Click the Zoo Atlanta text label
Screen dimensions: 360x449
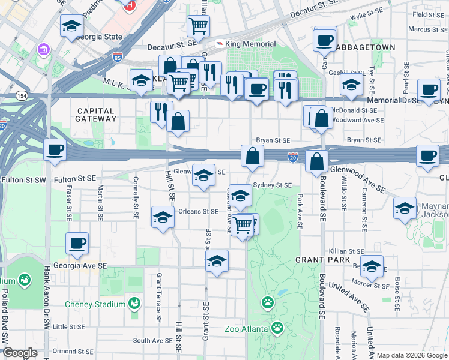point(246,328)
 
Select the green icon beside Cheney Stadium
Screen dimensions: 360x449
point(135,304)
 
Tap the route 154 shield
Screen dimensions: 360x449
point(22,95)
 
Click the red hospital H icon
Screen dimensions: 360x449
point(128,5)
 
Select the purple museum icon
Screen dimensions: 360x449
point(44,48)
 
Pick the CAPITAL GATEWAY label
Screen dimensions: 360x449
point(96,115)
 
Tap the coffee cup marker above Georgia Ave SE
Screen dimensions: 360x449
point(77,244)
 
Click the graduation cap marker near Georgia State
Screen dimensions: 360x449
point(71,26)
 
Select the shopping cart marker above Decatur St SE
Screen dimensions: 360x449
point(198,26)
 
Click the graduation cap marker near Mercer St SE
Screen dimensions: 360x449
point(372,266)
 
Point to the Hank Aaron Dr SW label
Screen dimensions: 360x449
point(46,297)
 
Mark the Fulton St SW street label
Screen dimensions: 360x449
point(25,179)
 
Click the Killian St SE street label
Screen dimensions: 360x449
point(346,251)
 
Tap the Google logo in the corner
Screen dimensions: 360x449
point(20,353)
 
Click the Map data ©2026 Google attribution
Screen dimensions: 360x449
point(411,355)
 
